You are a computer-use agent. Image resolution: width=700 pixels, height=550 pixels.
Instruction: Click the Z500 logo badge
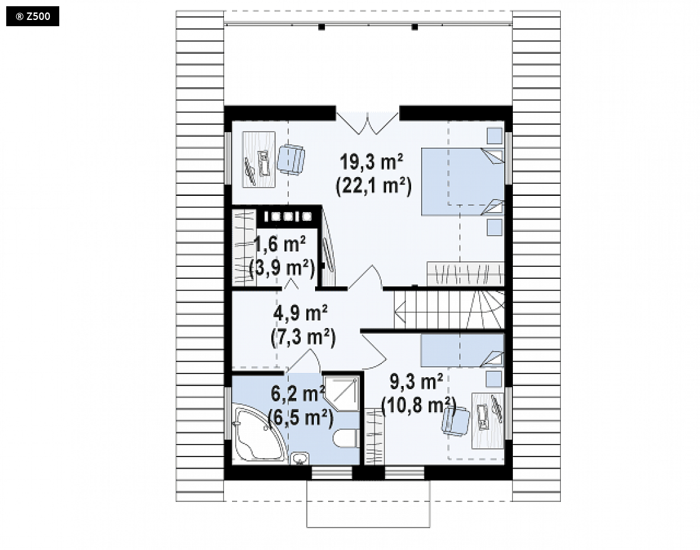tap(32, 17)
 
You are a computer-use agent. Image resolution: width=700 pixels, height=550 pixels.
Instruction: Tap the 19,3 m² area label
tap(371, 162)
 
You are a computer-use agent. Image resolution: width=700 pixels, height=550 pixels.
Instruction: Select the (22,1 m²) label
tap(374, 186)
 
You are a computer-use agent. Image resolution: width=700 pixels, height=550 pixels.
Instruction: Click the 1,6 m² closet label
tap(280, 244)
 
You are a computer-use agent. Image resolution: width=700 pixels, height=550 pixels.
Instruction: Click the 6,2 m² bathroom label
tap(298, 394)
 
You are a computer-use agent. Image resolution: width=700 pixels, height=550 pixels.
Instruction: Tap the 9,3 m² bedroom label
tap(417, 382)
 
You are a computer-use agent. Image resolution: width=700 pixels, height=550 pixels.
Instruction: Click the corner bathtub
tap(258, 433)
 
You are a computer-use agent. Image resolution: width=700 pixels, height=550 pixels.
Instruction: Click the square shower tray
tap(341, 394)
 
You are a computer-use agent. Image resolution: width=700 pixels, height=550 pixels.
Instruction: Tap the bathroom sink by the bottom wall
tap(299, 458)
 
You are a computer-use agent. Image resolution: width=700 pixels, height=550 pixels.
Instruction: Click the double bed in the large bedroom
tap(463, 181)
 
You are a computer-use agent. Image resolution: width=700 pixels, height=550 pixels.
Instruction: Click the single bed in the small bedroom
tap(462, 350)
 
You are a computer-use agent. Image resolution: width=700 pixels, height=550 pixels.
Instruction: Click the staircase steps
tap(449, 310)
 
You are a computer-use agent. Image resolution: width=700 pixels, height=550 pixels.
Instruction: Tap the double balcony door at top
tap(367, 120)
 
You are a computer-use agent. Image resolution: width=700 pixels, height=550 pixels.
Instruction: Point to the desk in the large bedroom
tap(258, 159)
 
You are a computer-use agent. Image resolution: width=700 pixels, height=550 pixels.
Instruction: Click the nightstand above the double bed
tap(494, 135)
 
